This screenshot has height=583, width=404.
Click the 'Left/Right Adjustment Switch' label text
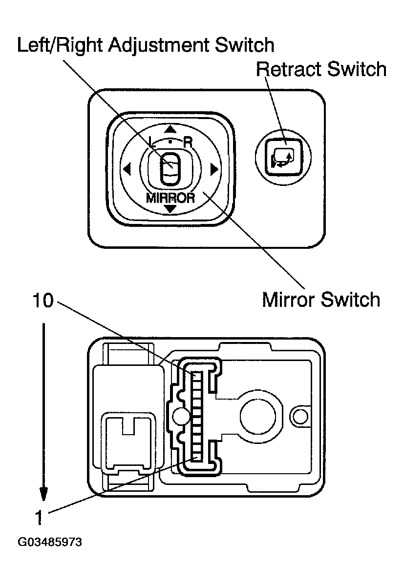coord(145,45)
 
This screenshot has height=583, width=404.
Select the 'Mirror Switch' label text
coord(320,299)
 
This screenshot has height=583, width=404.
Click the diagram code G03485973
coord(49,543)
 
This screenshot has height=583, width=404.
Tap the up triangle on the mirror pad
coord(170,130)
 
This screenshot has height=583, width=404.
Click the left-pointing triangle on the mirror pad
coord(127,170)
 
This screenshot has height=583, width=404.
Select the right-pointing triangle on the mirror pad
coord(213,170)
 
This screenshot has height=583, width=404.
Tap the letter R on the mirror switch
coord(188,142)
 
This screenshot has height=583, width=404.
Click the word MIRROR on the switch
coord(170,198)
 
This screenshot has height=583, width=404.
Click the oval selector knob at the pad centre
coord(170,169)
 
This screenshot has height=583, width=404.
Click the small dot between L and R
coord(170,141)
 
